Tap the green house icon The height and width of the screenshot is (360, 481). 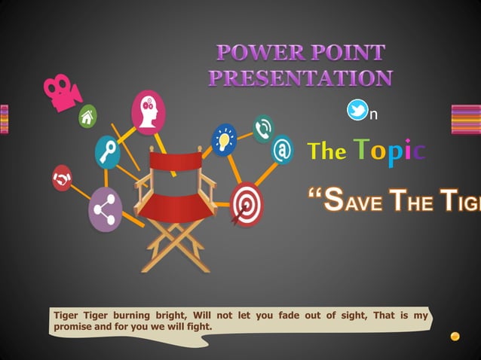pyautogui.click(x=88, y=116)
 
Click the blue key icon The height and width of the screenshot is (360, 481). pyautogui.click(x=108, y=151)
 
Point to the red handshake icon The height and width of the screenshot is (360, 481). pyautogui.click(x=61, y=178)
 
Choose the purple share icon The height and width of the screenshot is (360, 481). pyautogui.click(x=105, y=209)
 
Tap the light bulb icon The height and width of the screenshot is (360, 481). pyautogui.click(x=224, y=139)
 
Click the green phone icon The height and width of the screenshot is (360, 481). pyautogui.click(x=262, y=128)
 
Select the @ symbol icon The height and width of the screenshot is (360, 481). pyautogui.click(x=282, y=150)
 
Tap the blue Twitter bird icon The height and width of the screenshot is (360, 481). pyautogui.click(x=357, y=111)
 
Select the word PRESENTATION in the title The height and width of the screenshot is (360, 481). pyautogui.click(x=300, y=78)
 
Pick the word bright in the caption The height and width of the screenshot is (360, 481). pyautogui.click(x=168, y=316)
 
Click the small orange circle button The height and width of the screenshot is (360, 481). pyautogui.click(x=455, y=336)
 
